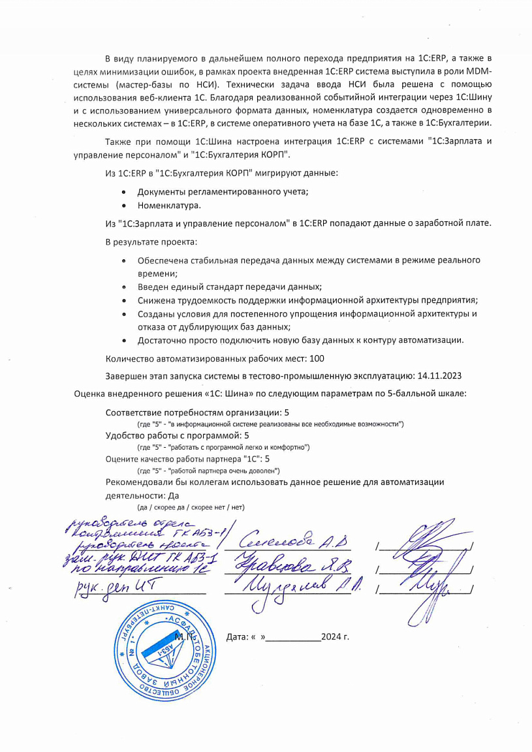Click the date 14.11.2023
pyautogui.click(x=439, y=375)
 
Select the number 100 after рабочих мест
pyautogui.click(x=317, y=358)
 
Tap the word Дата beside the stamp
pyautogui.click(x=238, y=636)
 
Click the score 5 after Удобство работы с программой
pyautogui.click(x=246, y=435)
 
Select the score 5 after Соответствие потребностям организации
pyautogui.click(x=287, y=413)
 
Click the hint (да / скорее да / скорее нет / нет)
pyautogui.click(x=190, y=507)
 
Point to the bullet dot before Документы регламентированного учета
pyautogui.click(x=124, y=192)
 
